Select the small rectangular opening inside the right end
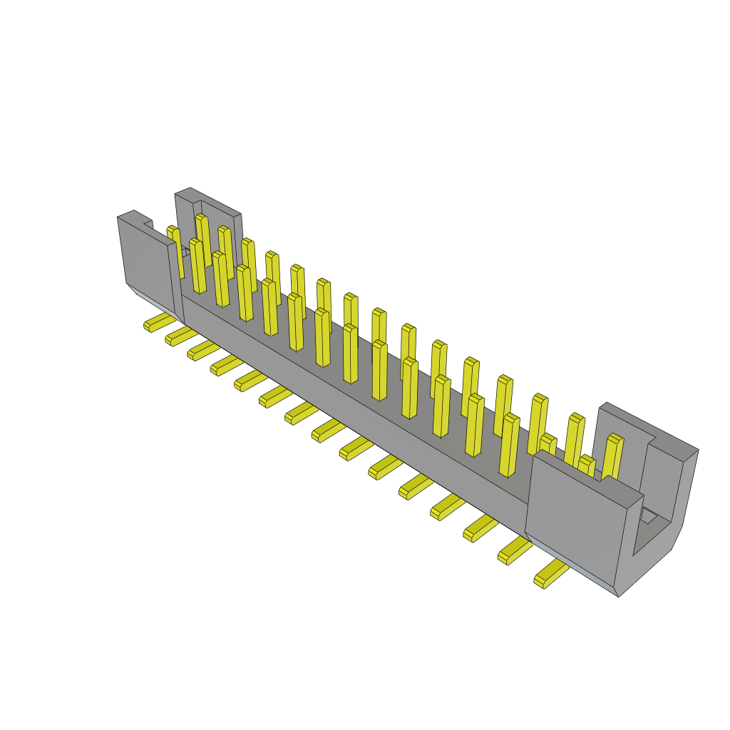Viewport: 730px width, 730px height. click(x=649, y=516)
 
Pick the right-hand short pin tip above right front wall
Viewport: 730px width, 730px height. click(x=586, y=466)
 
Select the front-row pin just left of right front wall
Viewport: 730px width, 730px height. click(x=509, y=446)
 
